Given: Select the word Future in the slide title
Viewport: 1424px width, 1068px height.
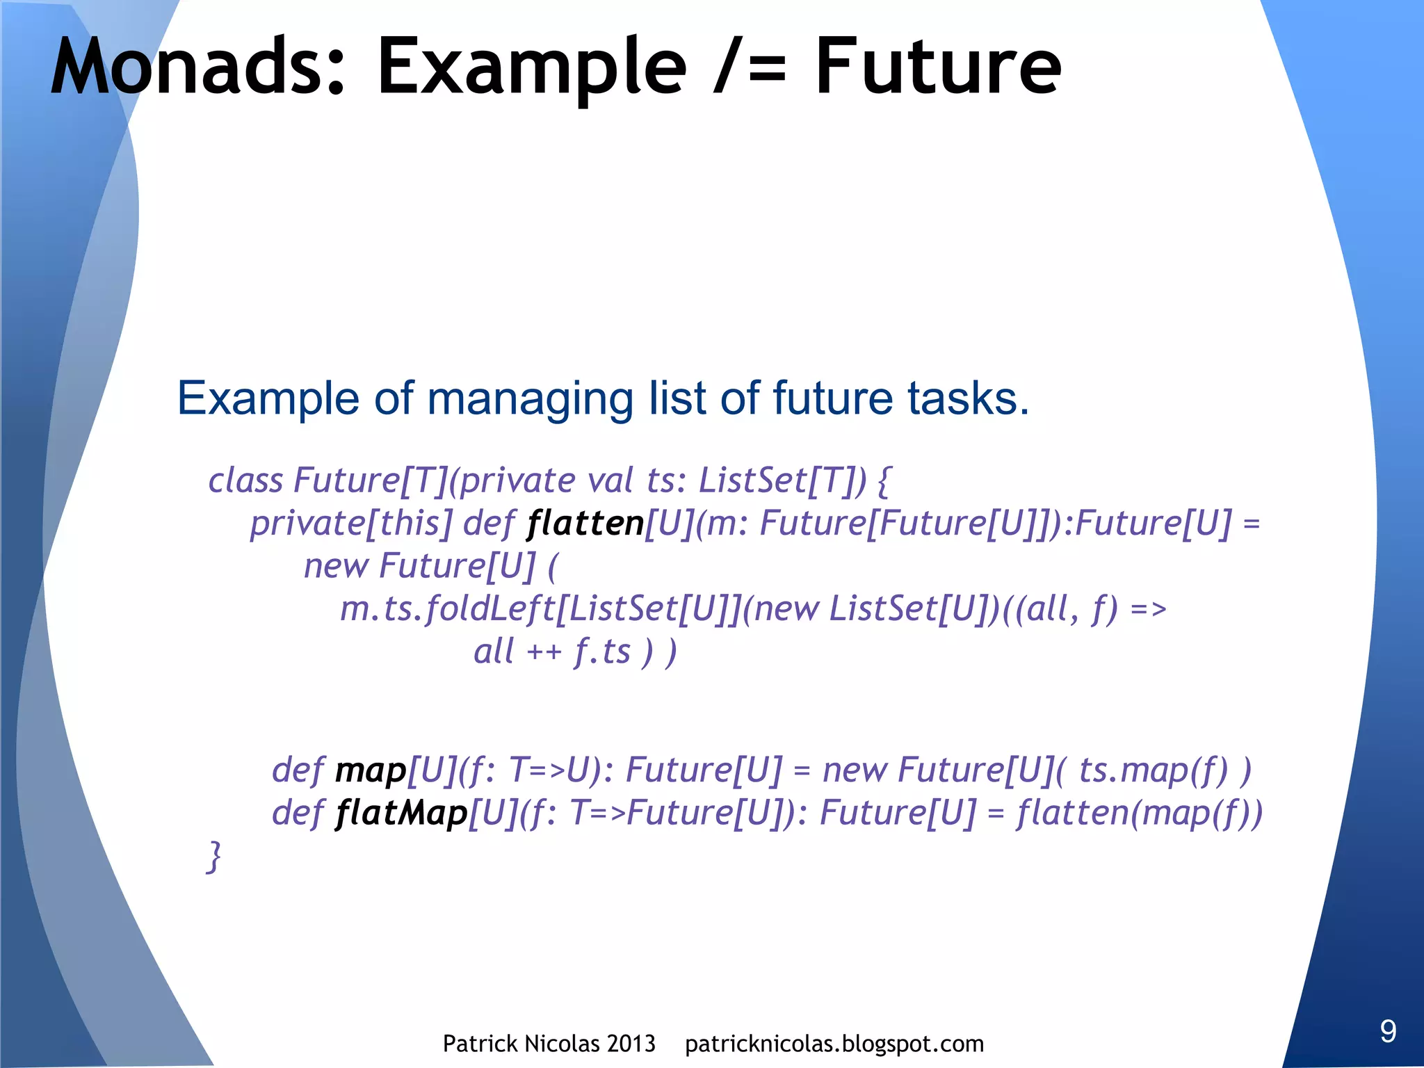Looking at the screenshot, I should (x=938, y=67).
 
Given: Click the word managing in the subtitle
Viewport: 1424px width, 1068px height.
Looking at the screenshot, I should (x=530, y=400).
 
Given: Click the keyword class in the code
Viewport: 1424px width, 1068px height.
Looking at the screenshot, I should (x=245, y=480).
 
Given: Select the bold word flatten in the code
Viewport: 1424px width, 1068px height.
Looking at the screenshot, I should (x=585, y=524).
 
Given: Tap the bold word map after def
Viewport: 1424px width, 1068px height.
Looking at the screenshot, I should (x=371, y=771).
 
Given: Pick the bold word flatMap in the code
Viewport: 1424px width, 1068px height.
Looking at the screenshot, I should (x=402, y=814).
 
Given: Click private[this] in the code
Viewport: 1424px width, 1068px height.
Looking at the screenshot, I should (x=351, y=524).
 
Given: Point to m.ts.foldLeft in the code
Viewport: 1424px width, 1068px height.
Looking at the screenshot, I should (x=448, y=609).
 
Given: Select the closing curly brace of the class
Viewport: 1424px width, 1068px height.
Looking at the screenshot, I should (x=215, y=857).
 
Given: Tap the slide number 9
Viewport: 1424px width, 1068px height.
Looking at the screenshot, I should (x=1388, y=1030).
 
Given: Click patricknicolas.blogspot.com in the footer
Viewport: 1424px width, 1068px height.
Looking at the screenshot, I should (x=834, y=1044).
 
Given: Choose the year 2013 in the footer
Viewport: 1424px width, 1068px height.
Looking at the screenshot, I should (x=631, y=1044).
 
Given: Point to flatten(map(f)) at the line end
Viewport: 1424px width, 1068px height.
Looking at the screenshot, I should (x=1139, y=814).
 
